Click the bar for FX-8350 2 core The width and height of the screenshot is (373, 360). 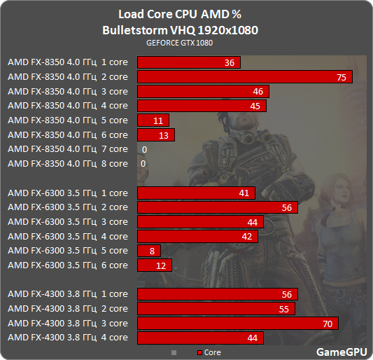[245, 77]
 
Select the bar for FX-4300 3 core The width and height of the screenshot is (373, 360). [238, 323]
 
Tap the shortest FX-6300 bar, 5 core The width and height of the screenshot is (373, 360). [149, 251]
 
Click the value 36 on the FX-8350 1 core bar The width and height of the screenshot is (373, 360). [230, 63]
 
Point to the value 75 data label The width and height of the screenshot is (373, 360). [341, 77]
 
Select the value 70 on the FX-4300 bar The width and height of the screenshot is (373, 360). [327, 323]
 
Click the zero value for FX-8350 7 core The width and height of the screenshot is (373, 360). [143, 149]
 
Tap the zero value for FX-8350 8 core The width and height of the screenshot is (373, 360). [143, 163]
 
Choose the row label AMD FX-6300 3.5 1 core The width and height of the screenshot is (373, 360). [68, 193]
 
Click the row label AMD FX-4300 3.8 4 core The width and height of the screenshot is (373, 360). [68, 338]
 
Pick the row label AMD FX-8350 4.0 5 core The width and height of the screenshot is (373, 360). [68, 120]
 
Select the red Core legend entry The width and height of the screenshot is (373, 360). [209, 352]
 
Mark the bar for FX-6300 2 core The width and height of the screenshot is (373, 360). [218, 207]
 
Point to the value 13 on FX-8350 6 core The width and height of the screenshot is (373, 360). [164, 134]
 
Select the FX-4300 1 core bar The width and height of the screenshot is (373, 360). [218, 294]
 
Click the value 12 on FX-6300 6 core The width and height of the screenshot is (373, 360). [161, 265]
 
